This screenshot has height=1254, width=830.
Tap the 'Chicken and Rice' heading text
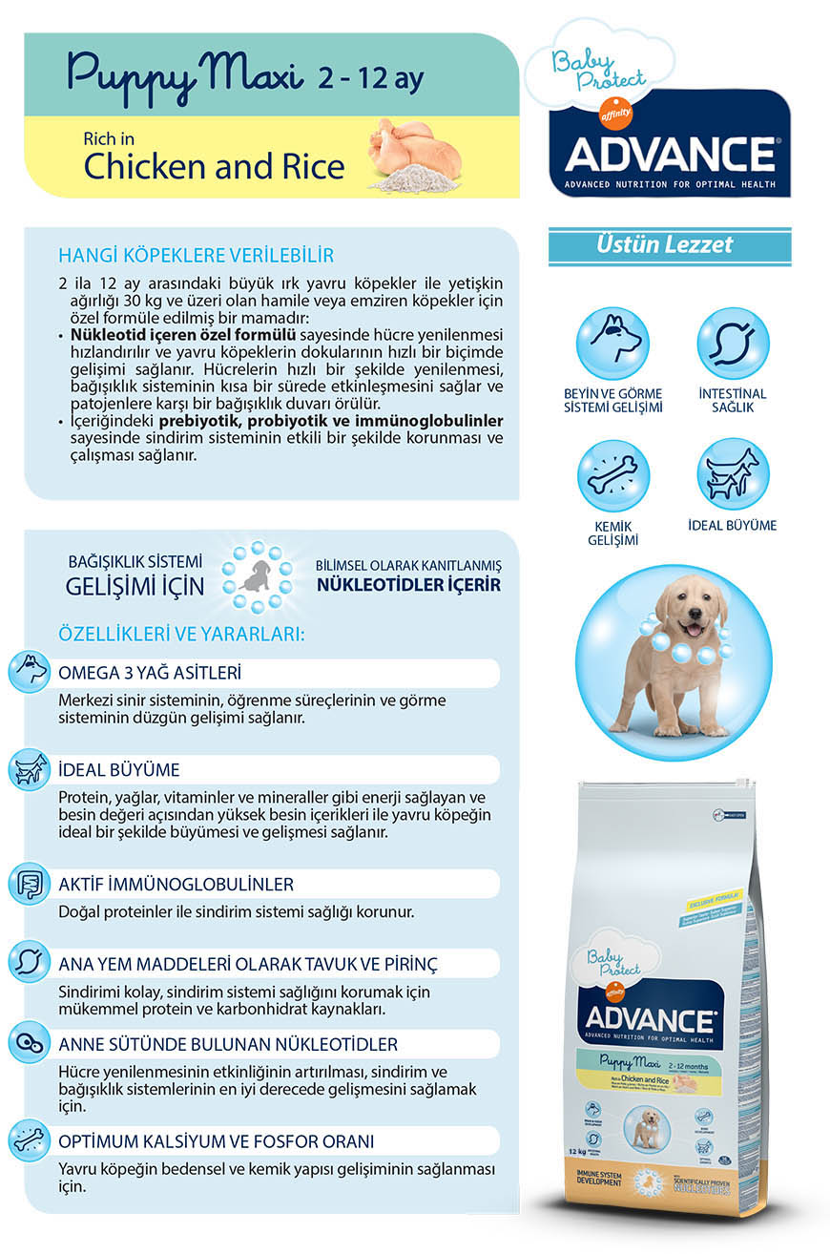click(x=214, y=166)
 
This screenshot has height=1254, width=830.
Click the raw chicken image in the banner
click(x=418, y=144)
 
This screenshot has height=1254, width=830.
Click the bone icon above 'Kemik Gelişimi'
click(x=612, y=474)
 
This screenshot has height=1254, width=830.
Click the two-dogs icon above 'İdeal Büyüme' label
click(x=732, y=474)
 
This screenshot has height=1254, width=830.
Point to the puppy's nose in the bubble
click(x=692, y=620)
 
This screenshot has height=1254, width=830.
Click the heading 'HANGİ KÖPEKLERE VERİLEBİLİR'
click(x=197, y=256)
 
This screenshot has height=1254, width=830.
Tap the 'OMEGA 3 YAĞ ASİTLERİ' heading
click(x=150, y=672)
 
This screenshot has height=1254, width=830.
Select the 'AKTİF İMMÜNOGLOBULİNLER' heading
click(x=176, y=885)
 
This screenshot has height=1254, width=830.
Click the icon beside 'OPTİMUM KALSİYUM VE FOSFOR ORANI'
click(x=29, y=1141)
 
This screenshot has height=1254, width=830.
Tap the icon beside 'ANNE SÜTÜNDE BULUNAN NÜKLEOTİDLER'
click(x=29, y=1044)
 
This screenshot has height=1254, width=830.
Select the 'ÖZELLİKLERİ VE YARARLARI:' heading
click(x=181, y=634)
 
